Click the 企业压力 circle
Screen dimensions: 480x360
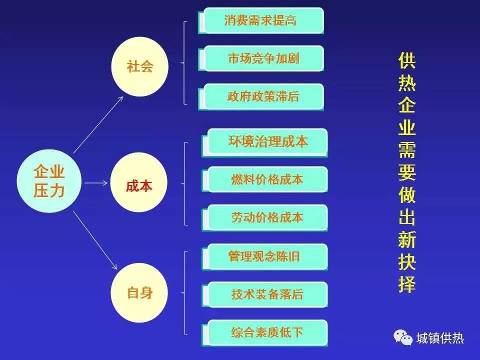49,181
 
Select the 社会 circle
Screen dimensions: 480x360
139,66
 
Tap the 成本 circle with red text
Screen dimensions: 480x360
138,183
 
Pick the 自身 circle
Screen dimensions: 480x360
139,292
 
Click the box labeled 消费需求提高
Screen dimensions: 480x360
261,20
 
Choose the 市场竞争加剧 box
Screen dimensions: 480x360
261,58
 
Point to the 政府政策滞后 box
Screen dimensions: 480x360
261,96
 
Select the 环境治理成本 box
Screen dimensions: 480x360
265,142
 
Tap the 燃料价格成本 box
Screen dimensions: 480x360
265,179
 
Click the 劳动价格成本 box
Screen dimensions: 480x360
265,217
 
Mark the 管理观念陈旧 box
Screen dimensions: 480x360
265,256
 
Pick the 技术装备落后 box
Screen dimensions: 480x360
265,294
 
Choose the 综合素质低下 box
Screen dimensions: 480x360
265,333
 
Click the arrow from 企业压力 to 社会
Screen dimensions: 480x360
98,124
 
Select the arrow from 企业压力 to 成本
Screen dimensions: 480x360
96,183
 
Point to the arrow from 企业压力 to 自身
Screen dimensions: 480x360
95,240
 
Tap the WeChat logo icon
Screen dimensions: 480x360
403,337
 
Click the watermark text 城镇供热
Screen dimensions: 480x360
440,338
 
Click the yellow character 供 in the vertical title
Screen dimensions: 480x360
407,60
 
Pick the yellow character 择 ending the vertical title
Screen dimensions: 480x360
407,284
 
